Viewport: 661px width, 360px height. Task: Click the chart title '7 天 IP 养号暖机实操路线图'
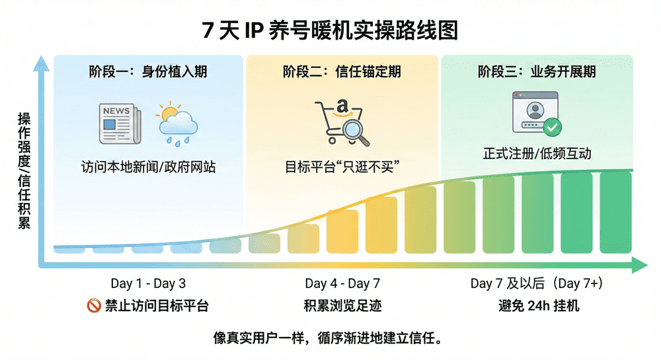click(x=330, y=30)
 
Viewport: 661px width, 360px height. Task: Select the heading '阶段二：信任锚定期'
click(x=341, y=71)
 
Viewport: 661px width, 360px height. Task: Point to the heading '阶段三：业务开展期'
click(x=537, y=71)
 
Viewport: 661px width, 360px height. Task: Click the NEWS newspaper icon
click(x=120, y=124)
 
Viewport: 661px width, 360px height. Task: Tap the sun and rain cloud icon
click(x=177, y=124)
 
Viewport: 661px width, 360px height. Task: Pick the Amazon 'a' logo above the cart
click(x=342, y=106)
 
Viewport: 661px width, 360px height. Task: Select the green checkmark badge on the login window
click(x=553, y=127)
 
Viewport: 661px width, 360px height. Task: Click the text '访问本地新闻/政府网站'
click(x=148, y=167)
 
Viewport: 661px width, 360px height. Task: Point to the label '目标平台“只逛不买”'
click(x=341, y=167)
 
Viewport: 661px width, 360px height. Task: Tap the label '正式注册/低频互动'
click(x=537, y=154)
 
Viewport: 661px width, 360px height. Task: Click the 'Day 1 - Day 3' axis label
click(x=148, y=283)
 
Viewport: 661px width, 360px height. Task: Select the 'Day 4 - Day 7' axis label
click(x=342, y=283)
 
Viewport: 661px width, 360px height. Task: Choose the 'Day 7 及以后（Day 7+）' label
click(x=537, y=283)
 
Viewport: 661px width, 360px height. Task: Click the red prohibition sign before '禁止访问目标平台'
click(x=93, y=306)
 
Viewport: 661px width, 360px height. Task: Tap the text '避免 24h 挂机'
click(x=537, y=306)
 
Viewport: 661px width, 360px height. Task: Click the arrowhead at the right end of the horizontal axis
click(x=640, y=266)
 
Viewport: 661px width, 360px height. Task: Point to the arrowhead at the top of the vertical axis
click(x=42, y=63)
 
